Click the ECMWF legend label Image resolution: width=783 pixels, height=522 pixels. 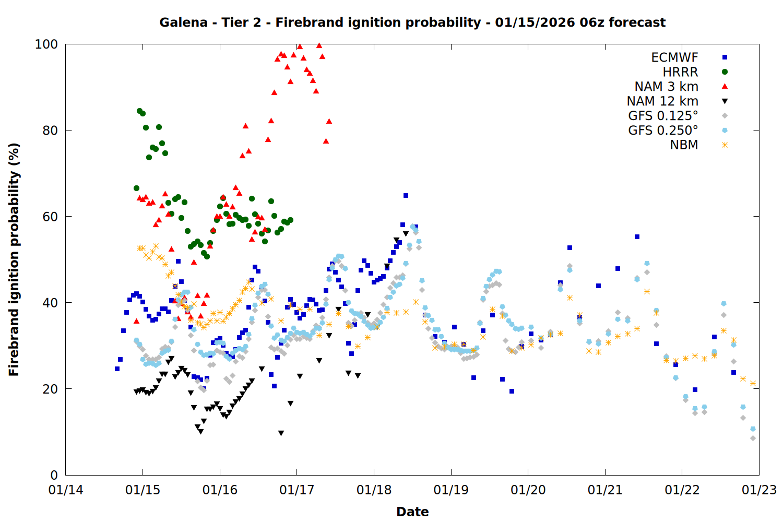pyautogui.click(x=674, y=57)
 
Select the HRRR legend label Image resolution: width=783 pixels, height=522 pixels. pyautogui.click(x=680, y=72)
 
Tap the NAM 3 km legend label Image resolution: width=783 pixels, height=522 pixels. pyautogui.click(x=666, y=87)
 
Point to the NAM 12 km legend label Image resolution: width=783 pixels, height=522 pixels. pyautogui.click(x=662, y=101)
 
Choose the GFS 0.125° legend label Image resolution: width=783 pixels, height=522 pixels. pyautogui.click(x=663, y=116)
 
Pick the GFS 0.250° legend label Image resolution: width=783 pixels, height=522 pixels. pyautogui.click(x=663, y=130)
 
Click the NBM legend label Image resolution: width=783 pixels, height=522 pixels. pyautogui.click(x=684, y=145)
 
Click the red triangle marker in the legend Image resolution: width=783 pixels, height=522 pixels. pyautogui.click(x=725, y=87)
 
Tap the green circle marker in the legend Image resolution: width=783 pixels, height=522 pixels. pyautogui.click(x=725, y=72)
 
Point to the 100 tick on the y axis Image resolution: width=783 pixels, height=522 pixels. pyautogui.click(x=46, y=44)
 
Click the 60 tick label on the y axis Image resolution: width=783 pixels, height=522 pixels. pyautogui.click(x=50, y=217)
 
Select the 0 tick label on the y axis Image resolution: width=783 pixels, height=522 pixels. pyautogui.click(x=54, y=475)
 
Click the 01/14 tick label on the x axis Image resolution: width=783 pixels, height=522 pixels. pyautogui.click(x=66, y=490)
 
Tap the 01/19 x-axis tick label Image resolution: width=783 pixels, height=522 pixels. pyautogui.click(x=451, y=490)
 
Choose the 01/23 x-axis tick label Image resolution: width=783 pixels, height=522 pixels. pyautogui.click(x=759, y=490)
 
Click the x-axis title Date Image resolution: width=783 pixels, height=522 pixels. pyautogui.click(x=412, y=512)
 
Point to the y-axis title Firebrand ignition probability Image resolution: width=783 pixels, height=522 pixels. pyautogui.click(x=14, y=259)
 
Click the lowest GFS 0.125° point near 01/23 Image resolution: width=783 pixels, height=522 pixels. pyautogui.click(x=753, y=438)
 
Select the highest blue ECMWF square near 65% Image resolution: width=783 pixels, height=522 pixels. pyautogui.click(x=406, y=196)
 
